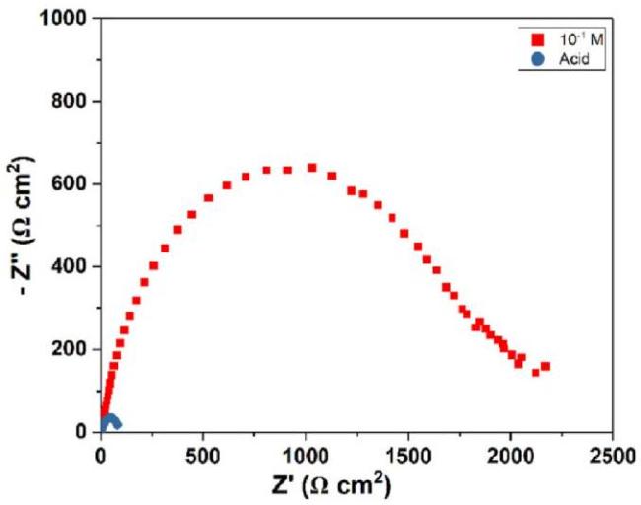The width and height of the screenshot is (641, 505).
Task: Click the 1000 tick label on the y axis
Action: (x=66, y=19)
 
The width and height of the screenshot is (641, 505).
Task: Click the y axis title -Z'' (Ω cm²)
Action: (x=22, y=226)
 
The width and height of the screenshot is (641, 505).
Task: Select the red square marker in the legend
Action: (x=537, y=40)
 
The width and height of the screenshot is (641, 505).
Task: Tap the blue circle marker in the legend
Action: (x=537, y=58)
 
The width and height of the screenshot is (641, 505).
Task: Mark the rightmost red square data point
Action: (x=545, y=367)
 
